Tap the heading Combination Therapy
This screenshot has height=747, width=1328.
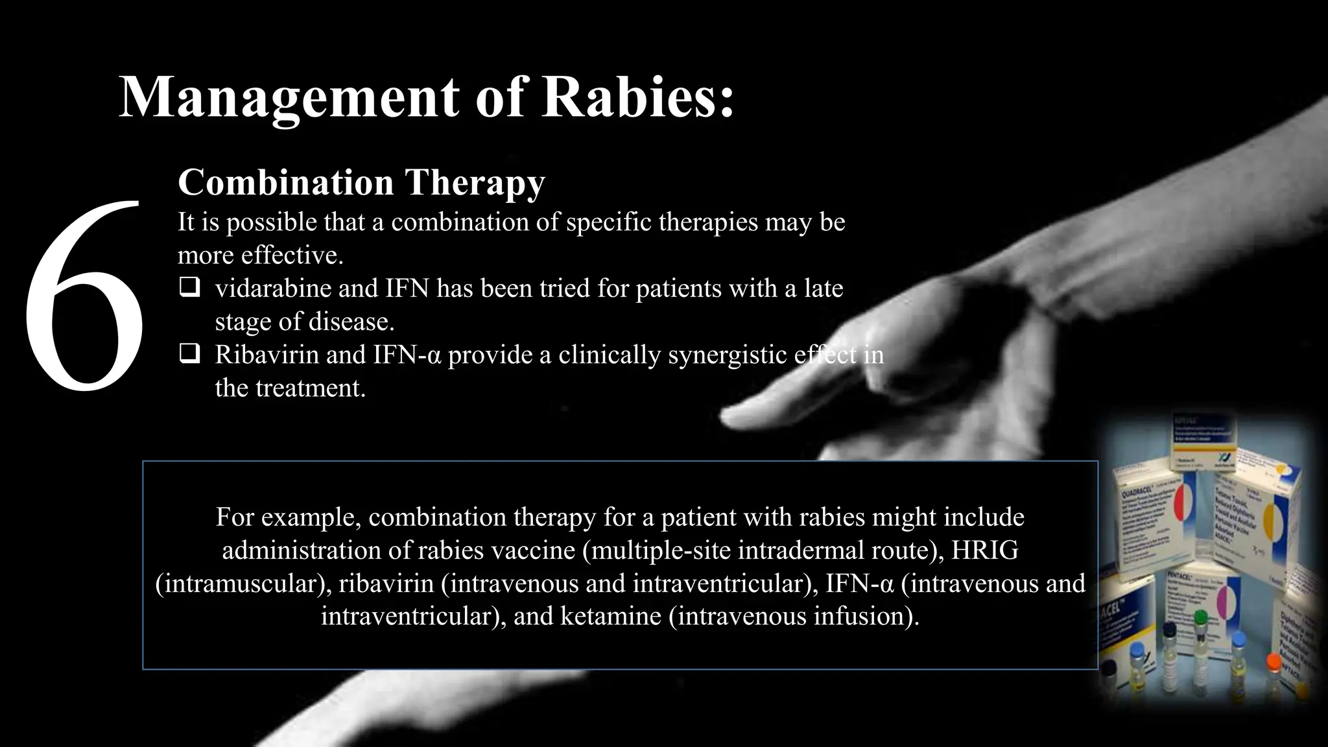361,182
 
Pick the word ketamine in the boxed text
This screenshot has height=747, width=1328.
610,615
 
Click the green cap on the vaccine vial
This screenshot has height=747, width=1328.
1200,617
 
